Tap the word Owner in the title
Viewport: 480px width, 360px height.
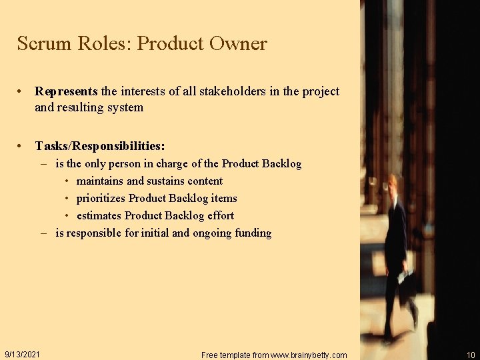(x=238, y=44)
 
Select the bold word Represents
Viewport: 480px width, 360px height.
(x=66, y=91)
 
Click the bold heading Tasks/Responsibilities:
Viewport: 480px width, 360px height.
(x=100, y=145)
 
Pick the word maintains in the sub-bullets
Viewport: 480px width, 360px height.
(x=100, y=181)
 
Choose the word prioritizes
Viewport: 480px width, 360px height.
(x=101, y=198)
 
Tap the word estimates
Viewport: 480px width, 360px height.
(x=99, y=215)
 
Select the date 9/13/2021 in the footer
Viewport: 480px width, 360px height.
(x=22, y=354)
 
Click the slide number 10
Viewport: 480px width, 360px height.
(x=471, y=355)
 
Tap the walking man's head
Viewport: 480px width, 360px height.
(x=393, y=182)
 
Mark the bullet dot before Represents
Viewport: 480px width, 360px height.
(x=22, y=91)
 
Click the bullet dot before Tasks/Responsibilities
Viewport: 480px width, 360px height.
(x=22, y=145)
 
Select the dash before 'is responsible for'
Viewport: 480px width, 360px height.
(x=43, y=233)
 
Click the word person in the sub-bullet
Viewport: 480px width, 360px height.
(x=124, y=163)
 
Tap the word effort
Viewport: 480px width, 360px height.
(x=221, y=215)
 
